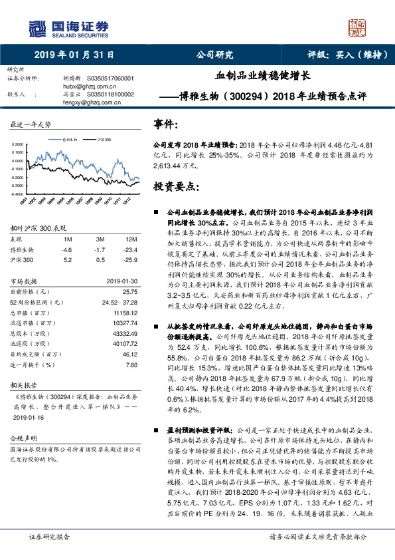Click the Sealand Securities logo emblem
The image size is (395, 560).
coord(37,27)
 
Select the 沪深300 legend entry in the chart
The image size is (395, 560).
coord(104,140)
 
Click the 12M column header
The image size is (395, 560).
coord(131,238)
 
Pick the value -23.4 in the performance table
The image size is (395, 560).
coord(131,249)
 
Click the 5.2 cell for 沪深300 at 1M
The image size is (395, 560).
coord(66,259)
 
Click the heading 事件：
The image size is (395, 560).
coord(166,124)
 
